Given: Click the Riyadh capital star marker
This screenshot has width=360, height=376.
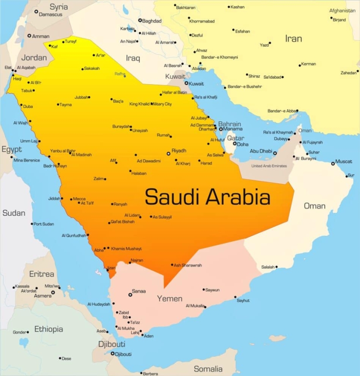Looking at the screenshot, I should click(x=168, y=153).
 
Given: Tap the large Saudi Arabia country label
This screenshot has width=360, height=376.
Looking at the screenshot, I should click(x=208, y=197).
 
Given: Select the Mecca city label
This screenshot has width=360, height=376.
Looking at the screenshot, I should click(x=79, y=199).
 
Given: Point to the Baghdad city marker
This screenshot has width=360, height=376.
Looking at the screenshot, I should click(x=140, y=20).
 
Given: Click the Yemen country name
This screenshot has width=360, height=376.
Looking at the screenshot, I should click(x=170, y=299).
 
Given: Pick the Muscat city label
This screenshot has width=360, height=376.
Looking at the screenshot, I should click(x=344, y=162).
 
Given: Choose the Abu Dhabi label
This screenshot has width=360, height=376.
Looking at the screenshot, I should click(x=261, y=152).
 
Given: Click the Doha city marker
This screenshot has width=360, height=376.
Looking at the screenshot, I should click(x=234, y=144).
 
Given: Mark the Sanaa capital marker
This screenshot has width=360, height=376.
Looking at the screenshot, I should click(x=130, y=295).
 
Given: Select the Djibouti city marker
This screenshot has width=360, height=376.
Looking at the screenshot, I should click(x=113, y=354).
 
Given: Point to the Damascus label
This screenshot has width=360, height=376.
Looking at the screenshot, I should click(x=51, y=14).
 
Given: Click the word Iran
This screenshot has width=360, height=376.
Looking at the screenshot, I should click(x=293, y=38).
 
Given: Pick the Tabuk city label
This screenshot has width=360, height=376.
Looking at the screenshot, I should click(x=27, y=91).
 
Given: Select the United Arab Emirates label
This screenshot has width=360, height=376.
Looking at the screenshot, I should click(x=269, y=166).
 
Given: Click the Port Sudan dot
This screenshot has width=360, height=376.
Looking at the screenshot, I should click(x=32, y=224).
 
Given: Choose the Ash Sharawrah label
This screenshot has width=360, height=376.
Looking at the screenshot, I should click(x=188, y=265).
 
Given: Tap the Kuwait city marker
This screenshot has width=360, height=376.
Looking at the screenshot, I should click(x=186, y=83).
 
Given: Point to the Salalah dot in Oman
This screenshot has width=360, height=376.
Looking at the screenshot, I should click(x=277, y=267).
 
